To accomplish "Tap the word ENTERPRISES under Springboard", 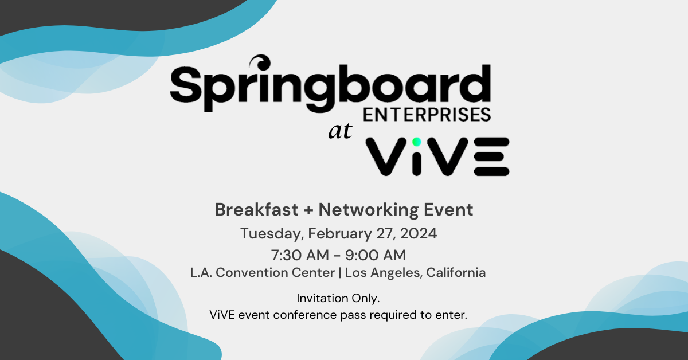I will click(428, 114).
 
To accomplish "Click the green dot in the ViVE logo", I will click(417, 142).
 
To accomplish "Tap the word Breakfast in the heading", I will click(256, 210).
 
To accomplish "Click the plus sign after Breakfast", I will click(308, 210).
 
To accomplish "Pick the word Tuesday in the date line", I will click(272, 234).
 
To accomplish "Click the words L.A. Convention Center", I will click(263, 273).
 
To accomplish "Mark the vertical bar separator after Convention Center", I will click(341, 273).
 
